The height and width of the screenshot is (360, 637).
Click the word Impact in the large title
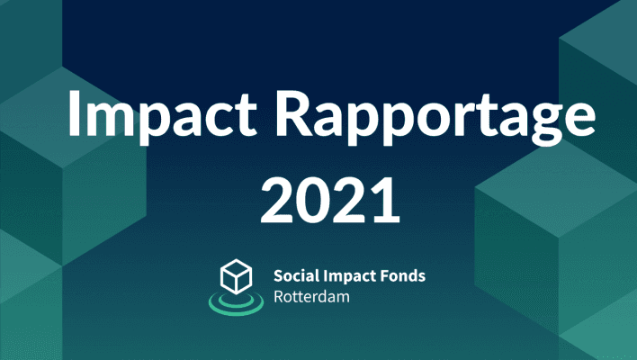click(x=163, y=116)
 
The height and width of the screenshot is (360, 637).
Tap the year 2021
click(x=330, y=200)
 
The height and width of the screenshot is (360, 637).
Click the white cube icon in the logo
click(x=236, y=276)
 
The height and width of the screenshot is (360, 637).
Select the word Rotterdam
click(x=311, y=297)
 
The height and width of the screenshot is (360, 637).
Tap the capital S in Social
click(x=279, y=275)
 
